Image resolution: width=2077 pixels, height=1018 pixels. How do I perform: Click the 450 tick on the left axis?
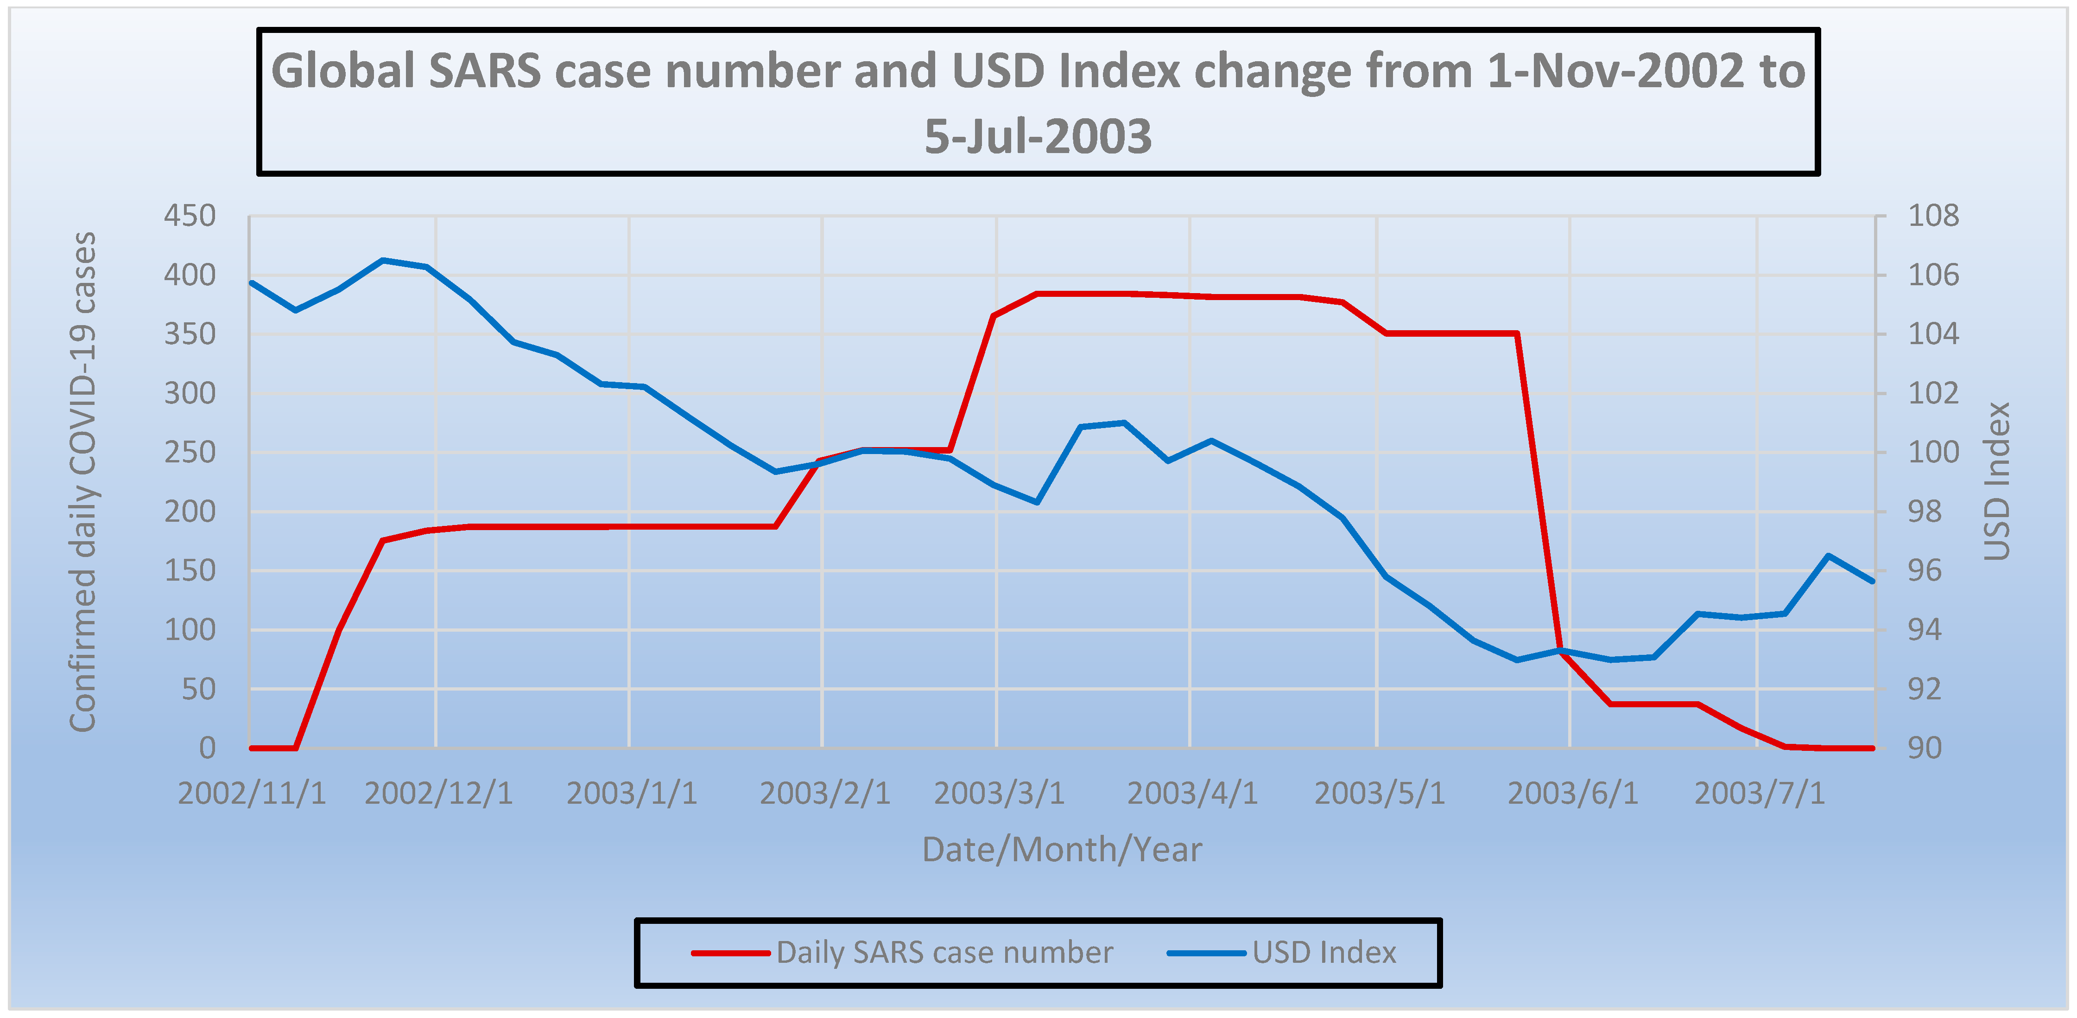tap(190, 216)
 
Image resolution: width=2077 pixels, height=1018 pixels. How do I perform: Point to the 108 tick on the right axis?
tap(1933, 216)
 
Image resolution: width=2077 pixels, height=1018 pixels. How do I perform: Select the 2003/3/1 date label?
tap(999, 794)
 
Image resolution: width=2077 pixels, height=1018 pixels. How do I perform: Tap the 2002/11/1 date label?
tap(252, 794)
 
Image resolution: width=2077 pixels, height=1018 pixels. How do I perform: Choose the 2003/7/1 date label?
tap(1759, 794)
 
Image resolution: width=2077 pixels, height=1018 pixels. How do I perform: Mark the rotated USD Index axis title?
tap(1996, 481)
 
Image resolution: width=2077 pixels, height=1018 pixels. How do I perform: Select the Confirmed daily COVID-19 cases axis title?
tap(83, 481)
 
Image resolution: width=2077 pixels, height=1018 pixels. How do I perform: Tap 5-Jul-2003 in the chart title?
tap(1038, 136)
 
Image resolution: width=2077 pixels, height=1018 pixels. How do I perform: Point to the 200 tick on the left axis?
tap(190, 512)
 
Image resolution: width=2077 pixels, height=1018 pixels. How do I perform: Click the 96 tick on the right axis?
tap(1933, 571)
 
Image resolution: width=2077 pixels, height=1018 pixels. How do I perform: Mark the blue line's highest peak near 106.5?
tap(383, 261)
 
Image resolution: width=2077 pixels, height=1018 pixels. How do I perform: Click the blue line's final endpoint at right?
tap(1872, 581)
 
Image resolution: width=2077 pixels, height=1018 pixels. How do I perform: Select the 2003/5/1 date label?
tap(1380, 794)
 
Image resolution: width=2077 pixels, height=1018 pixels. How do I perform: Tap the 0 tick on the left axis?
tap(207, 749)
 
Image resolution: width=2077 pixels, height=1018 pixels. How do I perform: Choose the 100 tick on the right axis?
tap(1933, 453)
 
